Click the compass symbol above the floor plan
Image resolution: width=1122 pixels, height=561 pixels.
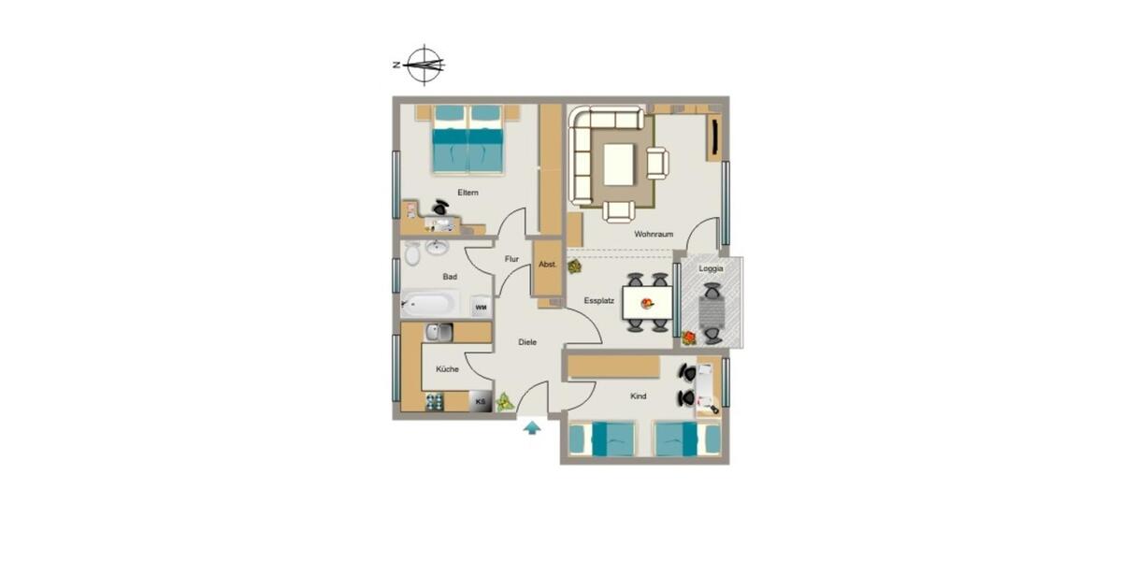click(x=424, y=65)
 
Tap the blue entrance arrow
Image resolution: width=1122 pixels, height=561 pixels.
click(x=532, y=427)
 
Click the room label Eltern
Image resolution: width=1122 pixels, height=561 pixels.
click(x=468, y=193)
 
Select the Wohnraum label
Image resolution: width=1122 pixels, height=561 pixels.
click(x=654, y=234)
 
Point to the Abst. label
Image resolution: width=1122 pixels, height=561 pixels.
click(x=548, y=265)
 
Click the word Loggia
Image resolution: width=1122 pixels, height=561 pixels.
click(x=711, y=268)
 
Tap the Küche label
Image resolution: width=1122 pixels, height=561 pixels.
click(x=447, y=369)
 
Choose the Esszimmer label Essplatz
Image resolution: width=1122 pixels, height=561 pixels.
click(x=598, y=301)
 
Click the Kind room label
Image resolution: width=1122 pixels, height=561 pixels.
click(x=639, y=396)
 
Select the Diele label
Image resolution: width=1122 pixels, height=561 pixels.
click(x=527, y=342)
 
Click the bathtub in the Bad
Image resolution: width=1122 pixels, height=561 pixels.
click(x=430, y=304)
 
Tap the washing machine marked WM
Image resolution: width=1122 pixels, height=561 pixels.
click(x=481, y=306)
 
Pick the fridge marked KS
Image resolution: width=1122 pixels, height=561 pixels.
click(x=481, y=401)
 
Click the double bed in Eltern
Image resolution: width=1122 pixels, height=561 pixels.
click(x=467, y=140)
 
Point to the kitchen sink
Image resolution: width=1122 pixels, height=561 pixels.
click(x=439, y=332)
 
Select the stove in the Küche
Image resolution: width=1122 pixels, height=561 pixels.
click(x=435, y=402)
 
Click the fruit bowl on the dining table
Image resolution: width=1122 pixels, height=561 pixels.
click(x=647, y=303)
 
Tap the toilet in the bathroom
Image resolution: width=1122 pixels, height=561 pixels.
click(x=412, y=253)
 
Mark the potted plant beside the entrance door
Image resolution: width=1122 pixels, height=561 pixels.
click(x=505, y=402)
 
